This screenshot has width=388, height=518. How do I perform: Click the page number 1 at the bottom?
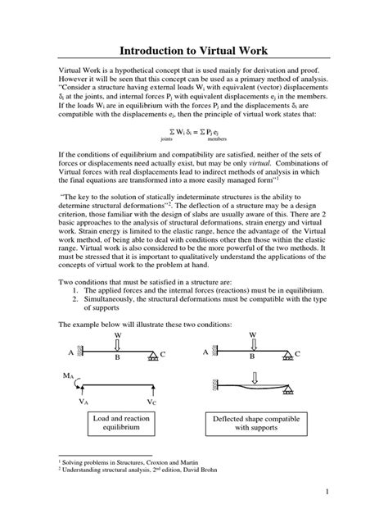326,492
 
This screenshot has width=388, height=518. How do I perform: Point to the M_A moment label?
67,375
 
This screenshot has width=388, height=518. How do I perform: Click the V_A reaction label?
85,402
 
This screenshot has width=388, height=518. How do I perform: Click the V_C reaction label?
153,402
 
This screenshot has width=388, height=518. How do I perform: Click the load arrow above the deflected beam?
254,377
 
